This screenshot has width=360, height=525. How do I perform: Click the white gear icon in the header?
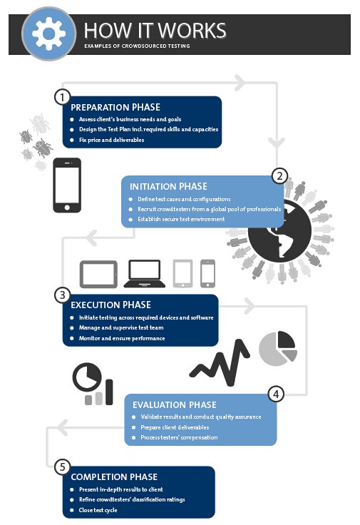point(49,34)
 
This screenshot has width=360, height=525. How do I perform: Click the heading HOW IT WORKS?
point(155,31)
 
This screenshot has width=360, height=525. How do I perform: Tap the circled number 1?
point(62,98)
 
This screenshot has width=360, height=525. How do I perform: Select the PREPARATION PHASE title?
point(115,107)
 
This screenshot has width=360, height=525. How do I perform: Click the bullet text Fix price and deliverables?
point(111,140)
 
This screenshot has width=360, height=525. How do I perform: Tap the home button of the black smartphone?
point(67,208)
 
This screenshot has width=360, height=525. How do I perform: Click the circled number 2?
point(279,175)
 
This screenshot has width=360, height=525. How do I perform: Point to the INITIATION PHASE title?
point(168,186)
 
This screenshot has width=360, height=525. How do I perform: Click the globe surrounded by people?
point(279,230)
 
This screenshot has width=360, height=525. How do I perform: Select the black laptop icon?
point(145,273)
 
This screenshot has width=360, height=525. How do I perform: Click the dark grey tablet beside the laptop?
point(98,274)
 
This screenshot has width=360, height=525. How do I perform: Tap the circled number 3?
point(62,295)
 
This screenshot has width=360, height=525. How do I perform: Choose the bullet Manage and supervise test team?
point(121,327)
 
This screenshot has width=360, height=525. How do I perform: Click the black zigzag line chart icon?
point(220,362)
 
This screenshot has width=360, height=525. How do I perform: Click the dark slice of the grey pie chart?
point(286,339)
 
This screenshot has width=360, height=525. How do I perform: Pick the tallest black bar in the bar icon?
point(109,392)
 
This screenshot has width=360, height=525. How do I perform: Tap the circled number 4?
point(276,394)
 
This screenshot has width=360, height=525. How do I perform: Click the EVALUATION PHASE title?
point(175,404)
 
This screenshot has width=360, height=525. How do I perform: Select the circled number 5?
point(62,467)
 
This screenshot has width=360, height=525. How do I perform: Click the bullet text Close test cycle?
point(98,510)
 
